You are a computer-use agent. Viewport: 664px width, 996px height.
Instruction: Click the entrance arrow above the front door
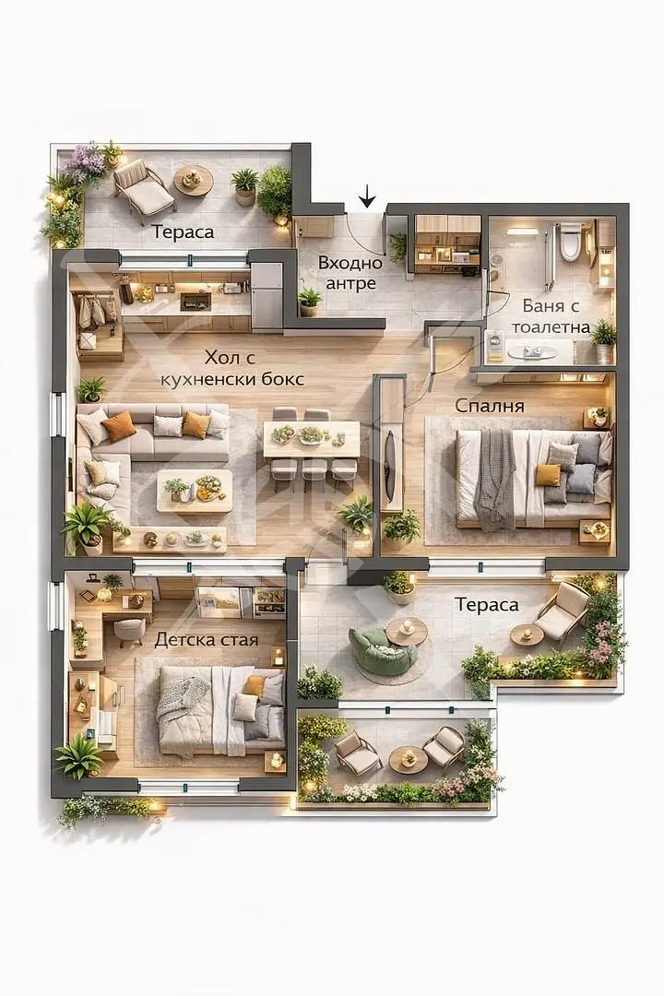click(367, 197)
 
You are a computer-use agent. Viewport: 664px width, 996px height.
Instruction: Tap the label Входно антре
click(350, 273)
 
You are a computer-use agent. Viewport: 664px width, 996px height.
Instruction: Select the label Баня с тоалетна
click(551, 316)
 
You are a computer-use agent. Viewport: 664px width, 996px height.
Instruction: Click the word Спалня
click(490, 405)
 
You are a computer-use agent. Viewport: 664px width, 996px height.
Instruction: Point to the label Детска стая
click(207, 640)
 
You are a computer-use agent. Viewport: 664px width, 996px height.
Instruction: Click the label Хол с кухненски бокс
click(231, 368)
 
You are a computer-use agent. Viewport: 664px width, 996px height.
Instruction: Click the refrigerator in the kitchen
click(267, 295)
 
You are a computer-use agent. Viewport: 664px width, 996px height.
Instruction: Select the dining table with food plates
click(312, 439)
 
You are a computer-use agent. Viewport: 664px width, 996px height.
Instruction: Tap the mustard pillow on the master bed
click(548, 475)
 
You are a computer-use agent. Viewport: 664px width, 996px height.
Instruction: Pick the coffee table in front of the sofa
click(195, 491)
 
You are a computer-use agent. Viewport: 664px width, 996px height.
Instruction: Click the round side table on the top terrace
click(193, 181)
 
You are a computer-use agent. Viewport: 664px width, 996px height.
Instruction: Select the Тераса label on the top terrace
click(183, 232)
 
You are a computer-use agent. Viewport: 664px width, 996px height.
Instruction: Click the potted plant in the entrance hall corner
click(310, 301)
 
